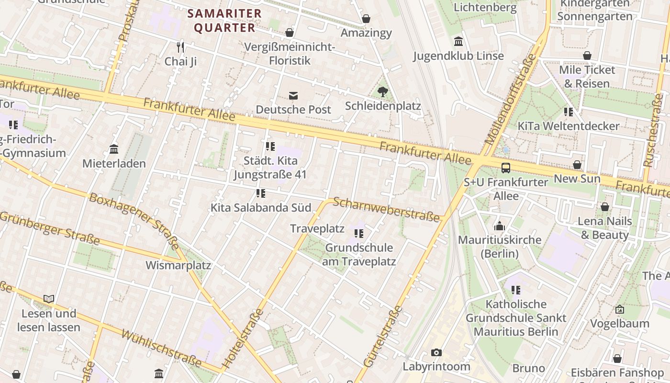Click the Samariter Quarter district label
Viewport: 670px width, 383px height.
[224, 21]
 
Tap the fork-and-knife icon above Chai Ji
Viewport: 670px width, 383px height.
[180, 47]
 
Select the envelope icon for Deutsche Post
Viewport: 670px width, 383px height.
[293, 96]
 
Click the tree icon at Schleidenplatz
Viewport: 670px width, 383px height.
[382, 91]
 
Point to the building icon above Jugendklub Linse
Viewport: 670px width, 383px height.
[458, 42]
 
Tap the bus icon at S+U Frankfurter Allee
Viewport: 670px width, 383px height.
[506, 168]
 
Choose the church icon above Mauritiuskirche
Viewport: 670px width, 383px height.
[500, 226]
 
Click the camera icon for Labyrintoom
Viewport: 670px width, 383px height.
[436, 353]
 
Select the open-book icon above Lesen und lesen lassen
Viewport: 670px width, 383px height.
[49, 299]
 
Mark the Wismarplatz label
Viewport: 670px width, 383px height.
[178, 265]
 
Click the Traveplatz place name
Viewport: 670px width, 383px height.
[317, 229]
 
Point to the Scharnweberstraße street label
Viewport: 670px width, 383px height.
[386, 210]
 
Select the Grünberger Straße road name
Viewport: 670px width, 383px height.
[49, 229]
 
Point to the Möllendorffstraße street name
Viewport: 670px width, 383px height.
[511, 100]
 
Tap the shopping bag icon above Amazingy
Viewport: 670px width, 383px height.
[366, 19]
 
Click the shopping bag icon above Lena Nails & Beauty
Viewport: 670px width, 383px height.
[605, 207]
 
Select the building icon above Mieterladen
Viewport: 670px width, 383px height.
[114, 149]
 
